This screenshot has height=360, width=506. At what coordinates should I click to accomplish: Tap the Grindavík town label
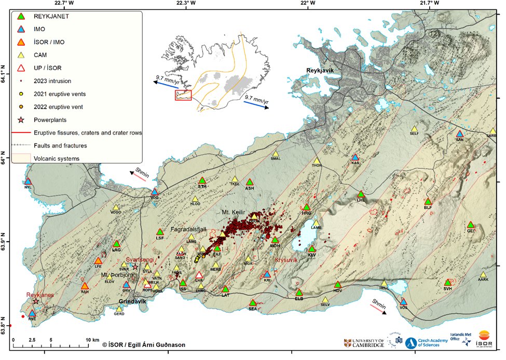tap(134, 301)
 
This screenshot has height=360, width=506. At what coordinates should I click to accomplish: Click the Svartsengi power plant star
tap(135, 267)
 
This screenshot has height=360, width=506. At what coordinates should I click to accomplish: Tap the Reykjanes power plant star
tap(36, 301)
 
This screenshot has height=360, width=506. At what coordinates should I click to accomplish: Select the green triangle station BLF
tap(428, 202)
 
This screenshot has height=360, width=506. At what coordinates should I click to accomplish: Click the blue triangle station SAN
tap(459, 134)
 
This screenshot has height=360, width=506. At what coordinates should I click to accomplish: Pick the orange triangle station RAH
tap(85, 286)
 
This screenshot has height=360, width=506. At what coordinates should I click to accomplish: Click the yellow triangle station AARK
tap(483, 274)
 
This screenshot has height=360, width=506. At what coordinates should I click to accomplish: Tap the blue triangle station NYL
tap(28, 181)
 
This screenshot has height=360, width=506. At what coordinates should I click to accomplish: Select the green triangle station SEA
tap(253, 303)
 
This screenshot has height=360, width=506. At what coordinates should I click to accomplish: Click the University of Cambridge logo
tap(364, 342)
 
